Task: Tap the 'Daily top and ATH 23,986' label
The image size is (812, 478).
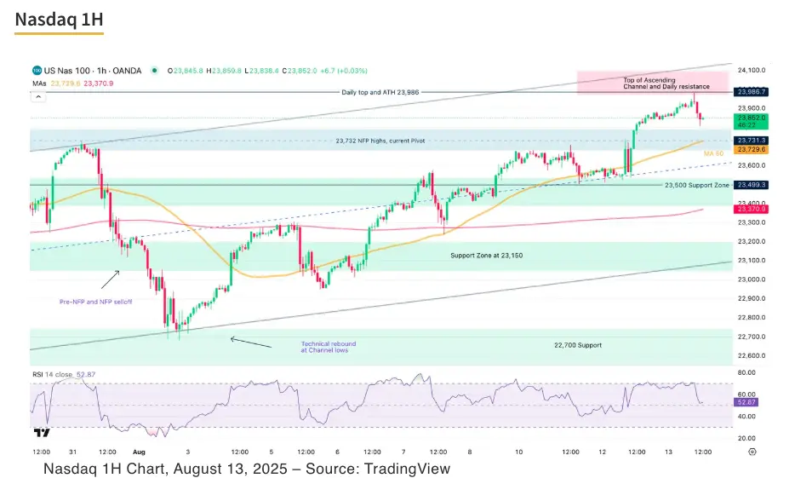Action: point(380,92)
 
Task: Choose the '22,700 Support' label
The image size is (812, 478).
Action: point(577,345)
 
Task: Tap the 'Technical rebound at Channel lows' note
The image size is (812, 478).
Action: point(324,347)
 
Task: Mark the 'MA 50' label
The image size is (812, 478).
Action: point(713,153)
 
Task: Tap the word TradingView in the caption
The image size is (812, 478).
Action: point(406,469)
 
